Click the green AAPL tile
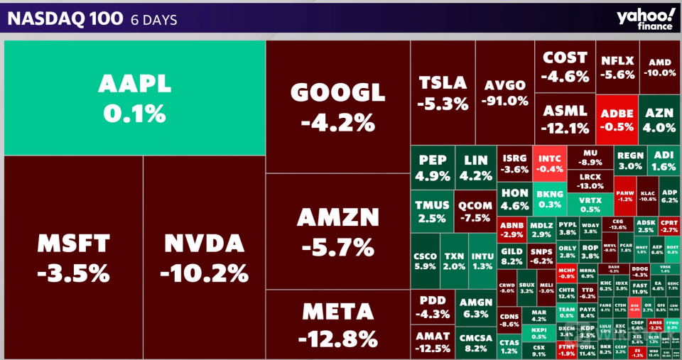(x=134, y=98)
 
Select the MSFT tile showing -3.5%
(x=73, y=257)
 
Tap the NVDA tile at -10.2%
(x=204, y=257)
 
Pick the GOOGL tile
(x=337, y=107)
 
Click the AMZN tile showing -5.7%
(x=337, y=231)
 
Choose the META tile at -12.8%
(x=337, y=323)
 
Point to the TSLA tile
(x=443, y=92)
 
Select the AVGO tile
(x=504, y=92)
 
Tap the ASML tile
(x=565, y=119)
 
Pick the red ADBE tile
(x=617, y=119)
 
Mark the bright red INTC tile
(x=550, y=163)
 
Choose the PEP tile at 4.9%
(x=432, y=168)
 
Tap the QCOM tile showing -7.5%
(x=474, y=211)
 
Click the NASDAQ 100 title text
(x=64, y=19)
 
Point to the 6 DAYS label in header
(x=154, y=20)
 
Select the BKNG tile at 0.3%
(x=549, y=198)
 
